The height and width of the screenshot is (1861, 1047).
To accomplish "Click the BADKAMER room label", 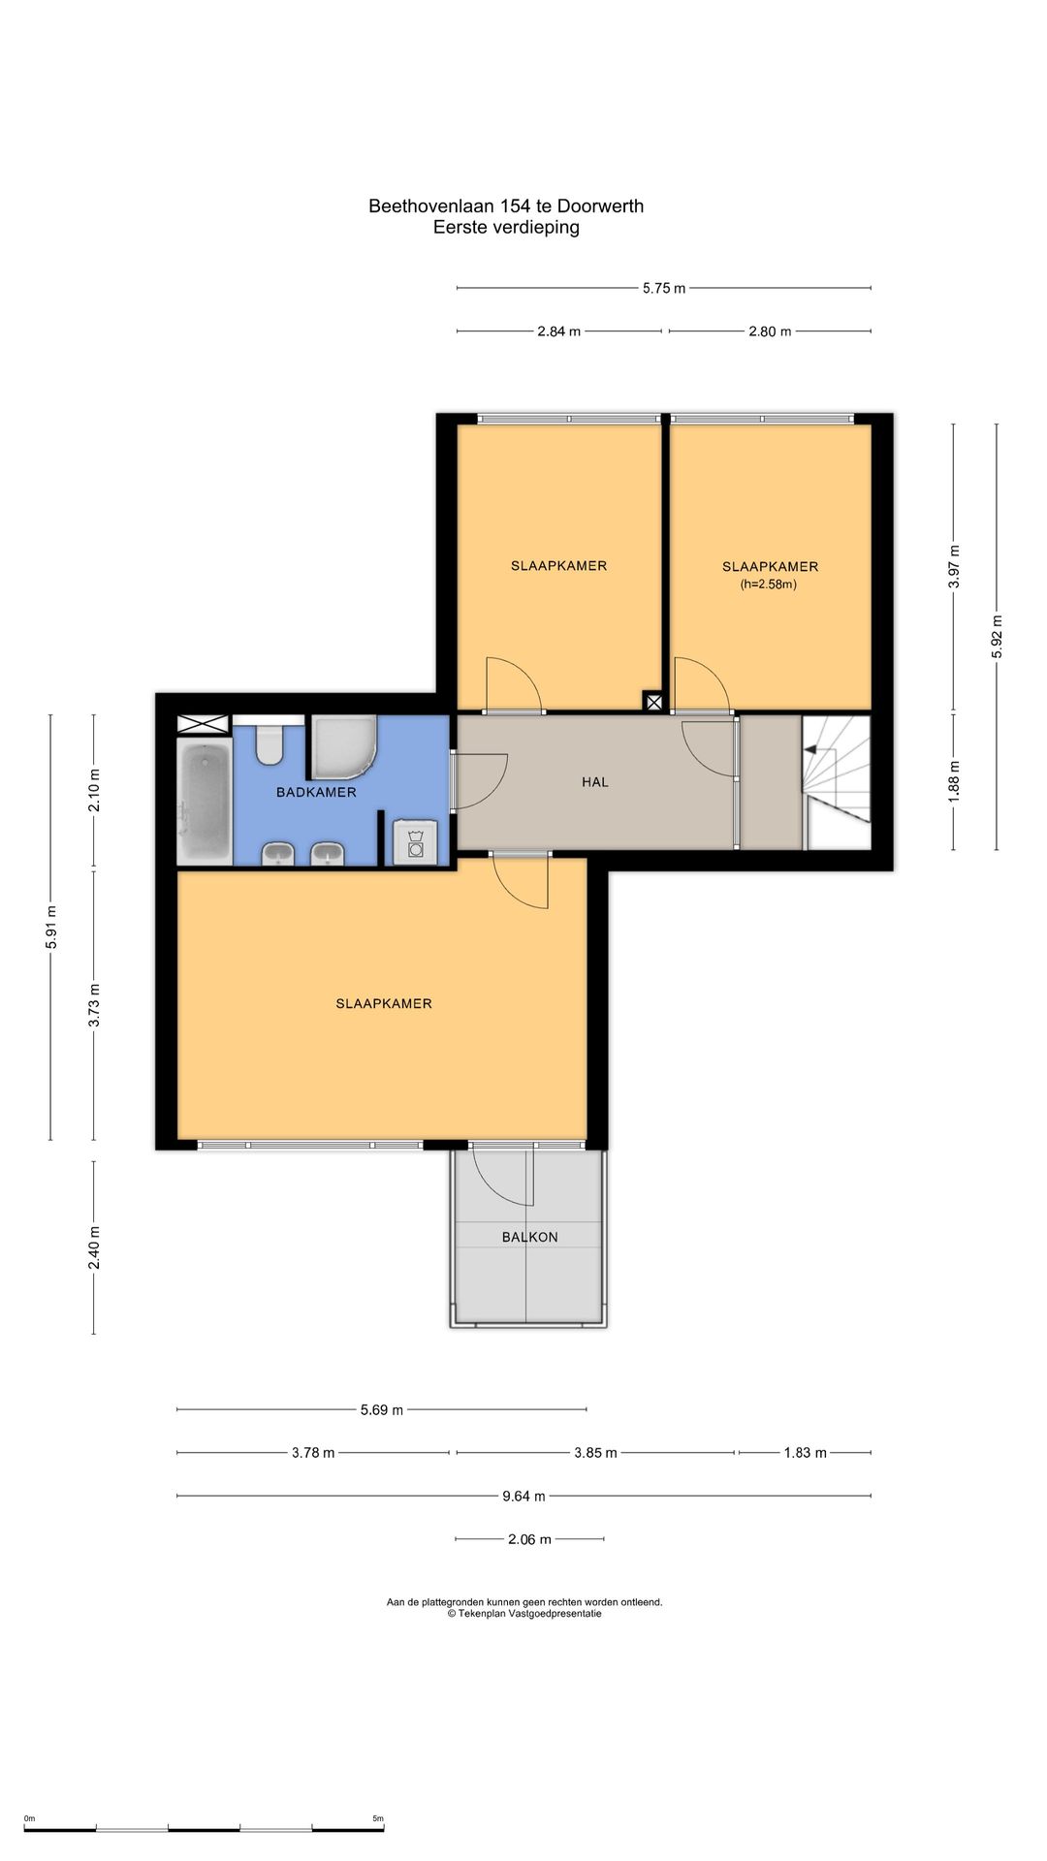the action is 316,792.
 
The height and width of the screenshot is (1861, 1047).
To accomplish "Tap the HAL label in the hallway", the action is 595,782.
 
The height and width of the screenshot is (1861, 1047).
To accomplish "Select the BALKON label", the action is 529,1237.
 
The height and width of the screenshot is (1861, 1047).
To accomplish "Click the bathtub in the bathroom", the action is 205,802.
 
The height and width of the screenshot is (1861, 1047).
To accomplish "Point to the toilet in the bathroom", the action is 269,742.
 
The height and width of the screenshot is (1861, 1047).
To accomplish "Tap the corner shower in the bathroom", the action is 342,746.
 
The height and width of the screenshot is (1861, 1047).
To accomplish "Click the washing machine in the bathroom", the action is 416,841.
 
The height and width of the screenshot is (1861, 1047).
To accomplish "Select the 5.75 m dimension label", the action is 664,288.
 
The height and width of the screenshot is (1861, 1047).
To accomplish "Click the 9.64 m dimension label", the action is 523,1496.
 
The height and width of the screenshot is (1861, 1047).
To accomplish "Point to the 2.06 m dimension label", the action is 529,1538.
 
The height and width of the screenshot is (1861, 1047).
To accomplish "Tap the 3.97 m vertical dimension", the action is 954,567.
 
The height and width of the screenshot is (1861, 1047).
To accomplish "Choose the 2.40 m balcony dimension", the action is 94,1247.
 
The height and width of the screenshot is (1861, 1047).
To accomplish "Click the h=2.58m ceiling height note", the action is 769,584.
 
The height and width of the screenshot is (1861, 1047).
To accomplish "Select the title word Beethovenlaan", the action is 431,205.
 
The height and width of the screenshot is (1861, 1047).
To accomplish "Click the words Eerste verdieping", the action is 506,228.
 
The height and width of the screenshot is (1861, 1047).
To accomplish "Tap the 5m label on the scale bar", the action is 378,1818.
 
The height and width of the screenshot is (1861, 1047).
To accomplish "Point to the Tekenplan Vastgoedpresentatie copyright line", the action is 524,1614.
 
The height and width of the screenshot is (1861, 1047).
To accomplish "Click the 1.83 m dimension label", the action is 805,1452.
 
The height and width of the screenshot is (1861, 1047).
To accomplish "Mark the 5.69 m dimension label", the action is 381,1409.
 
